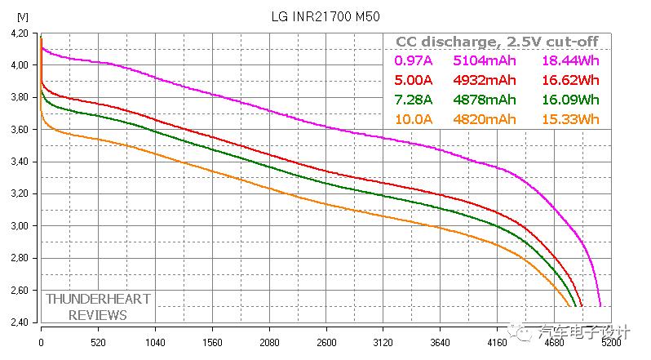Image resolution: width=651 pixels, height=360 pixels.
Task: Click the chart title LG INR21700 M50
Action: coord(325,16)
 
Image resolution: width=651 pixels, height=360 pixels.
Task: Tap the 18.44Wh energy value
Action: coord(570,60)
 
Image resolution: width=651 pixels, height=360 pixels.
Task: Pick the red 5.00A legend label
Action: coord(413,80)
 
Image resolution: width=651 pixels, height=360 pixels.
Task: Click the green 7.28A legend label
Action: coord(413,100)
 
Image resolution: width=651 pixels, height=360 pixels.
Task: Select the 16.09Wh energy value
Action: coord(570,100)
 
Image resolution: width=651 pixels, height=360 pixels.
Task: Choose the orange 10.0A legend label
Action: coord(413,119)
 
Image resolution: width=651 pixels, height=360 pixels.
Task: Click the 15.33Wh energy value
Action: coord(570,119)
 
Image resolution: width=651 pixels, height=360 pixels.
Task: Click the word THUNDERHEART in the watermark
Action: coord(98,299)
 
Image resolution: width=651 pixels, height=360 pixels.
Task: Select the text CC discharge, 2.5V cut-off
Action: coord(497,42)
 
